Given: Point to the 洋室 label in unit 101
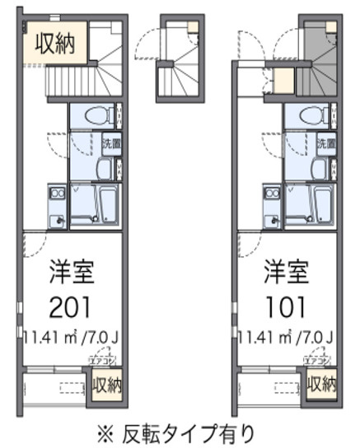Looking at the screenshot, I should pyautogui.click(x=286, y=272).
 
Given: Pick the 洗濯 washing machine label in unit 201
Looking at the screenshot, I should pyautogui.click(x=110, y=143).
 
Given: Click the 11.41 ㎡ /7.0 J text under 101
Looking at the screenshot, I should pyautogui.click(x=286, y=337).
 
